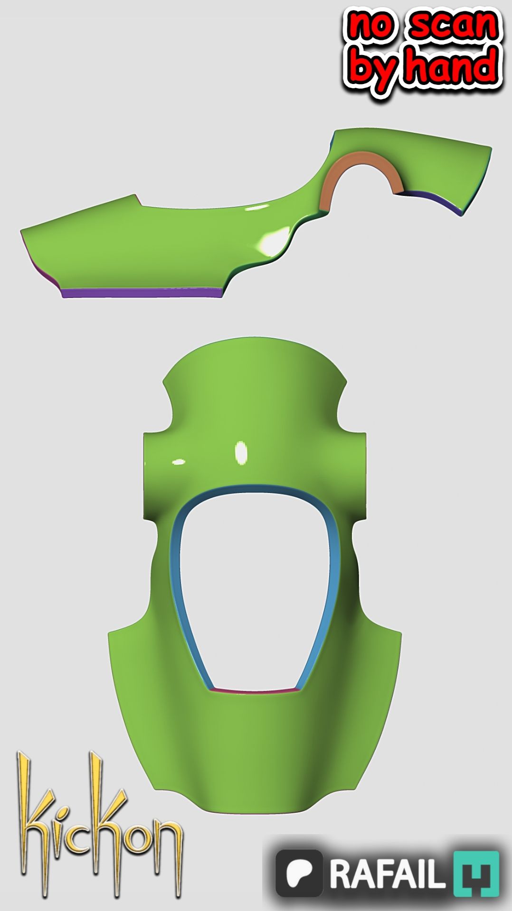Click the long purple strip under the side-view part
point(142,293)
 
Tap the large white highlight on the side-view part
point(275,240)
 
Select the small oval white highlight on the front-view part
point(178,461)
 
